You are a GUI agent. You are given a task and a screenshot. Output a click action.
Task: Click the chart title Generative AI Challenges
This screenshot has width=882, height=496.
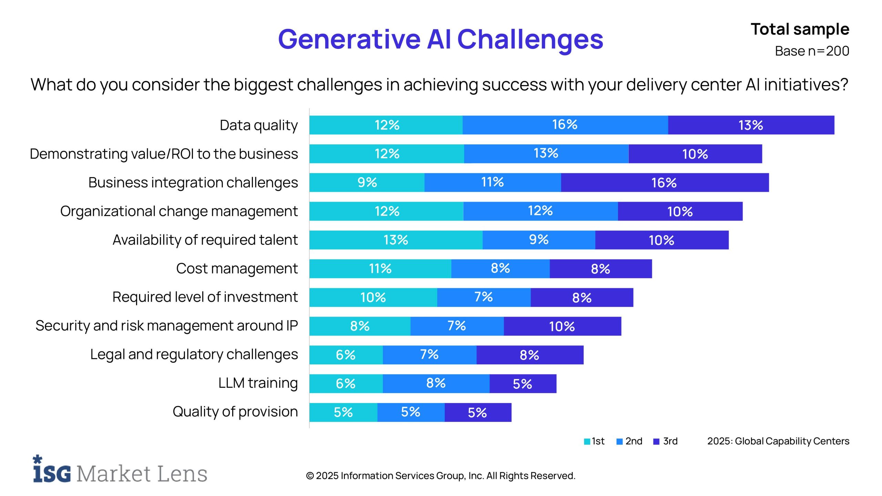pos(440,39)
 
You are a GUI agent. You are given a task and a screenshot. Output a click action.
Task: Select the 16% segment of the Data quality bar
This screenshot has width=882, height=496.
pos(565,125)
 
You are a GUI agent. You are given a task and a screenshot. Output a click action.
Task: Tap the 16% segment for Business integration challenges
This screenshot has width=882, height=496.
pos(664,183)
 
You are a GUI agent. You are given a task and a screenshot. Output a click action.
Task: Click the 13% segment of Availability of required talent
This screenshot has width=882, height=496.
pos(396,240)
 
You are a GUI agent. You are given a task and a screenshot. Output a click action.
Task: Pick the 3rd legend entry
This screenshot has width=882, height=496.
pos(666,441)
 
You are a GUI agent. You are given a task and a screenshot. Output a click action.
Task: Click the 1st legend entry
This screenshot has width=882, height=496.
pos(595,441)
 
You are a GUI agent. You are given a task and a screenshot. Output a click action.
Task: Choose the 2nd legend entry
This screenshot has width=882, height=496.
pos(629,441)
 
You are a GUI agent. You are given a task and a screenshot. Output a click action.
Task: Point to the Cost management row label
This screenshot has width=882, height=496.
pos(237,268)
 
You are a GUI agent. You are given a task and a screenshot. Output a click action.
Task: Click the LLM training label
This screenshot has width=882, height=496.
pos(258,383)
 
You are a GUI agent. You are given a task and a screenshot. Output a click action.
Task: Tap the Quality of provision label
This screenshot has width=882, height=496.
pos(235,412)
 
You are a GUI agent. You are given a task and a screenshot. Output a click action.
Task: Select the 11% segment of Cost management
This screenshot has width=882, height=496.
pos(380,269)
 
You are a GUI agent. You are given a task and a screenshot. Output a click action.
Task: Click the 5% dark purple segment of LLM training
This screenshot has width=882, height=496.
pos(522,384)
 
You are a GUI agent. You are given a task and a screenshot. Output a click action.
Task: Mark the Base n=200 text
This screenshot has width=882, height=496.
pos(812,51)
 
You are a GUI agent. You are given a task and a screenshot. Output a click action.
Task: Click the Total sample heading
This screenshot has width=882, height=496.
pos(800,29)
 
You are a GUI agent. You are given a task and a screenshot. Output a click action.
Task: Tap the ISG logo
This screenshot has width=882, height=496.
pos(52,470)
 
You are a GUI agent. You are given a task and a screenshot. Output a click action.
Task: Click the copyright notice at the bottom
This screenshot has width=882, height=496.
pos(440,476)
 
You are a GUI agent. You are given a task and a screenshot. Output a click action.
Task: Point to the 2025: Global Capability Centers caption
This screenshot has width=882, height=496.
pos(778,441)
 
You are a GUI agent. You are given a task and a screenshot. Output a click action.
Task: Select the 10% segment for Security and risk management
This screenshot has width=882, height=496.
pos(562,326)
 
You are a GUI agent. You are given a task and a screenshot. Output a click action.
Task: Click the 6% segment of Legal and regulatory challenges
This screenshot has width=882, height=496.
pos(346,355)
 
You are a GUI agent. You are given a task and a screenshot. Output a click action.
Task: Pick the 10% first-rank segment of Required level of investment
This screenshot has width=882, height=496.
pos(373,297)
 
